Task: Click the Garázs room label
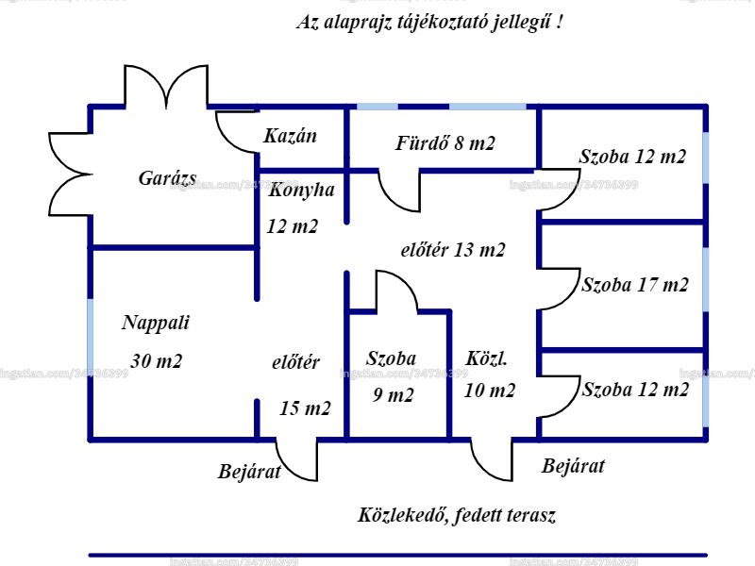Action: [x=168, y=178]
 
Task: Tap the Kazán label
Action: [x=291, y=136]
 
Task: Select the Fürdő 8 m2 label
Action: [x=445, y=143]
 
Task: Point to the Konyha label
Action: [x=301, y=190]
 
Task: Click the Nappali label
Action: [x=156, y=323]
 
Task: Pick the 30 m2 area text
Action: [x=157, y=361]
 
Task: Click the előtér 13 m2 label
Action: [x=453, y=250]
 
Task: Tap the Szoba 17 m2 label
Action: [x=635, y=285]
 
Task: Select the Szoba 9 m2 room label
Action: [x=392, y=376]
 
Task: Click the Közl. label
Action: [x=486, y=359]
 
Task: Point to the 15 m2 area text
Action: [x=305, y=408]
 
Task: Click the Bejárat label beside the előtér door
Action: [x=249, y=471]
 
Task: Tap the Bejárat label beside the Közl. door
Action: [x=573, y=466]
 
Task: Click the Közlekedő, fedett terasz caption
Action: [x=457, y=515]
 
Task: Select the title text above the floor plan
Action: [x=429, y=23]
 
